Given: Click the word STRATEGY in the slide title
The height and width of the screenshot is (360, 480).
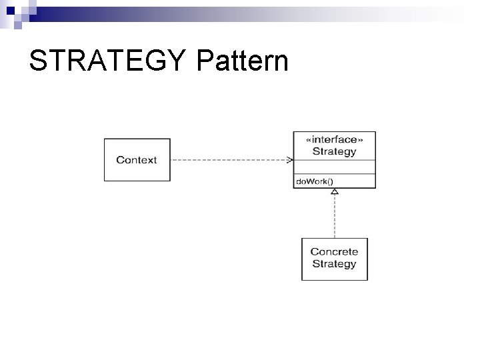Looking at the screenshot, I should pyautogui.click(x=109, y=61).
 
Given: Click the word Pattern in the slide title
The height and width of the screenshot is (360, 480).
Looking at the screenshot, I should pyautogui.click(x=243, y=61).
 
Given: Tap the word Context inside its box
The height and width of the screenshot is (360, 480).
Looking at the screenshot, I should pyautogui.click(x=137, y=160).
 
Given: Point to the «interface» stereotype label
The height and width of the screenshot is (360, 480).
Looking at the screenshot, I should pyautogui.click(x=334, y=139).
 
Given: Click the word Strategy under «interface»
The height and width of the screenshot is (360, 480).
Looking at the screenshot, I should pyautogui.click(x=334, y=151).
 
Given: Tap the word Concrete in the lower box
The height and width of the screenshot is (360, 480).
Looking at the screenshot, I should pyautogui.click(x=334, y=252).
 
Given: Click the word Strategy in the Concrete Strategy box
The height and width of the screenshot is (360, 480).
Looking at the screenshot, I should pyautogui.click(x=334, y=264).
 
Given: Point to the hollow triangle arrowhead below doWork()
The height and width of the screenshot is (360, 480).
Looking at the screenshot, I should pyautogui.click(x=335, y=191).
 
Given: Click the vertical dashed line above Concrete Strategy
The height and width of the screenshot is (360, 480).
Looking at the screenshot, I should pyautogui.click(x=335, y=217).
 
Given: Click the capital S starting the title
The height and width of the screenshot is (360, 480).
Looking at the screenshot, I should pyautogui.click(x=38, y=61).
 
